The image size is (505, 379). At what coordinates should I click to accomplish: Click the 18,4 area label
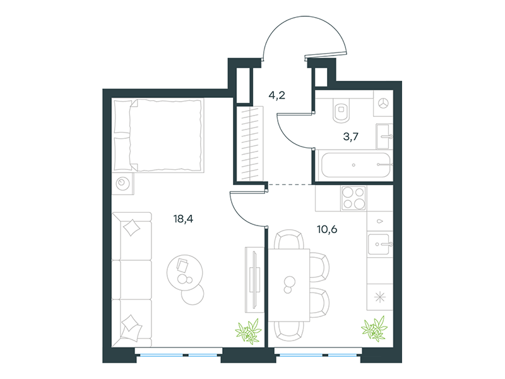click(183, 219)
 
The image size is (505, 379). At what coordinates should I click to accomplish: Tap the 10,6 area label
click(327, 229)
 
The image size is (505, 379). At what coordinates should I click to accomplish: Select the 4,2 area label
click(277, 95)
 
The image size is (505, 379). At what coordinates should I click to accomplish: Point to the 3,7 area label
click(351, 136)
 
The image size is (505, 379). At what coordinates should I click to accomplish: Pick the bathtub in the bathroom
click(356, 165)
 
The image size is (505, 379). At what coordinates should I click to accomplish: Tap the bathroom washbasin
click(384, 136)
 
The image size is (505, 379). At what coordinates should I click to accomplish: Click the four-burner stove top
click(353, 198)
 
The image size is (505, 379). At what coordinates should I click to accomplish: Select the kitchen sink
click(380, 244)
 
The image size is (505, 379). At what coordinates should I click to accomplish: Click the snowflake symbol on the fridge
click(380, 297)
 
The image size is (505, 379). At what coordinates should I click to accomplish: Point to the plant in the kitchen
click(374, 328)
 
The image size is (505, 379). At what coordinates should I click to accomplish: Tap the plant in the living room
click(248, 331)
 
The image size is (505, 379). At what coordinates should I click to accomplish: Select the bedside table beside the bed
click(122, 184)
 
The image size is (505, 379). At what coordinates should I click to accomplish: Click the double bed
click(158, 135)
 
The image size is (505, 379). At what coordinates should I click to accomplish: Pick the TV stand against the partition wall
click(254, 280)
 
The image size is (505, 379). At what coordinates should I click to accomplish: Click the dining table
click(289, 285)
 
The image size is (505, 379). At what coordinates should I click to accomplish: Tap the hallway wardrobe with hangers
click(250, 143)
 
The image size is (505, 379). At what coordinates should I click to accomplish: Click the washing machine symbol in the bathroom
click(383, 104)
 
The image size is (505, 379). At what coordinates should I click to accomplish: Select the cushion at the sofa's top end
click(132, 227)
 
